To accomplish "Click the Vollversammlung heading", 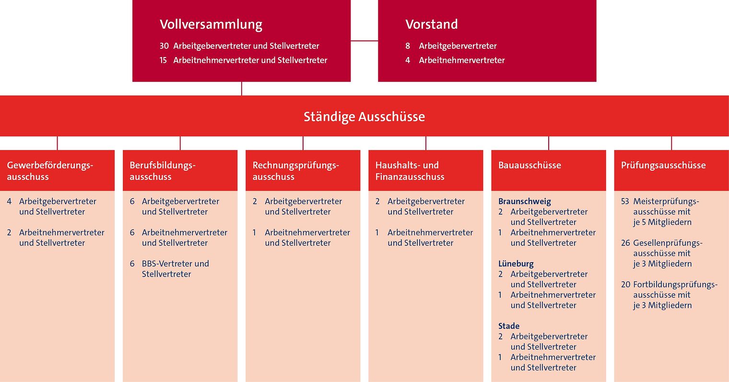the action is pos(211,25).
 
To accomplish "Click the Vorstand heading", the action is pos(431,24).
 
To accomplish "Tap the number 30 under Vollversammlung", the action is pos(164,46).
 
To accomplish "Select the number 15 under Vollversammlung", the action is pos(163,60).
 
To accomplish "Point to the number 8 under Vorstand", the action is pos(408,46).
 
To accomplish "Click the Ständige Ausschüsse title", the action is pos(364,117).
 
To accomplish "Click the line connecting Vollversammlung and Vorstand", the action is pos(364,41).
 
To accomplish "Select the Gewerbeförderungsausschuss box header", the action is pos(57,170).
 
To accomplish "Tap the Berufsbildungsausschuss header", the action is pos(180,170).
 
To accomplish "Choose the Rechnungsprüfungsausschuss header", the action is pos(303,170).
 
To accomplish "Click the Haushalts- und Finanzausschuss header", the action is pos(426,170).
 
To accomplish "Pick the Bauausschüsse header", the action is pos(549,170).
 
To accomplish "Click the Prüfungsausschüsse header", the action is pos(671,170).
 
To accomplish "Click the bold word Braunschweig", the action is pos(525,201).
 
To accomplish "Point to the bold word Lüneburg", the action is pos(516,264).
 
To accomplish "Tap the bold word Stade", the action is pos(509,326).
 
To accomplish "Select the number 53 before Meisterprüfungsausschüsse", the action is pos(625,201).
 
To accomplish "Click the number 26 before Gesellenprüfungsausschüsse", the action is pos(625,243).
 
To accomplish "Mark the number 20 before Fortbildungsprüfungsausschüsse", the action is pos(625,285).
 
